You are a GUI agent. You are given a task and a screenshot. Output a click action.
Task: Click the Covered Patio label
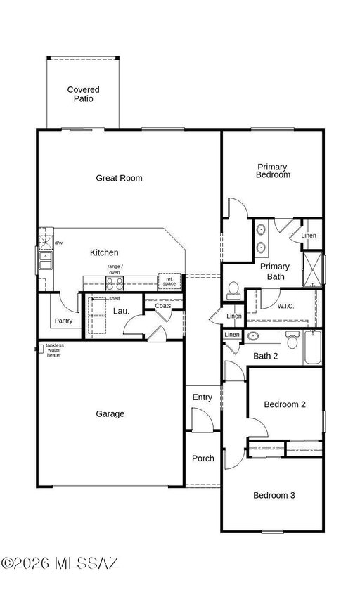(83, 94)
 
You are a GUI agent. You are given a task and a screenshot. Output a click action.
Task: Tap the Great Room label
(119, 178)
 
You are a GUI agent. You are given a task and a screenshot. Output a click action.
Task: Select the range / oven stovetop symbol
(115, 283)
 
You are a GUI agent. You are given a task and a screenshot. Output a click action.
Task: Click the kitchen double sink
(46, 261)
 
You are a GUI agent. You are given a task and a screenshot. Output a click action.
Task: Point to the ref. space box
(169, 281)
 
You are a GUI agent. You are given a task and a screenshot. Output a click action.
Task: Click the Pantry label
(63, 321)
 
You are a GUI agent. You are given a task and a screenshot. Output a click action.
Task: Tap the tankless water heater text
(55, 350)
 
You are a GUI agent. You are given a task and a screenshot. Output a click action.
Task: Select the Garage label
(110, 414)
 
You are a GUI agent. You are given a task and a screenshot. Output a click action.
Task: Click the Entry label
(202, 397)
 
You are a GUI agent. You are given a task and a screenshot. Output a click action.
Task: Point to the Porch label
(202, 458)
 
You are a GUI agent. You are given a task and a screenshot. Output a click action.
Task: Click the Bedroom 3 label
(274, 495)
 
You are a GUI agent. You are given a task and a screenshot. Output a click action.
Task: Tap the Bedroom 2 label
(284, 404)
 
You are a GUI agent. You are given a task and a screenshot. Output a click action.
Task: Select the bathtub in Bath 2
(313, 347)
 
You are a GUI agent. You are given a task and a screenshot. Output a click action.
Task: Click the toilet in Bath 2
(292, 340)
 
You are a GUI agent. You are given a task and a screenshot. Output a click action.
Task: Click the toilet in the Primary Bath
(233, 290)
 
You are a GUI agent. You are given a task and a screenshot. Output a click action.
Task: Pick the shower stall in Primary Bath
(313, 269)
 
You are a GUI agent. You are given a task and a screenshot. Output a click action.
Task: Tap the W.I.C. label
(285, 307)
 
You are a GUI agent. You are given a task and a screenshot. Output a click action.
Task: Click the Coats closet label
(163, 306)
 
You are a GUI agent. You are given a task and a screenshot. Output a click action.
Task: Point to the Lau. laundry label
(121, 312)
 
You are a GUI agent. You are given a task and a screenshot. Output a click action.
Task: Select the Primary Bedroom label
(273, 170)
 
